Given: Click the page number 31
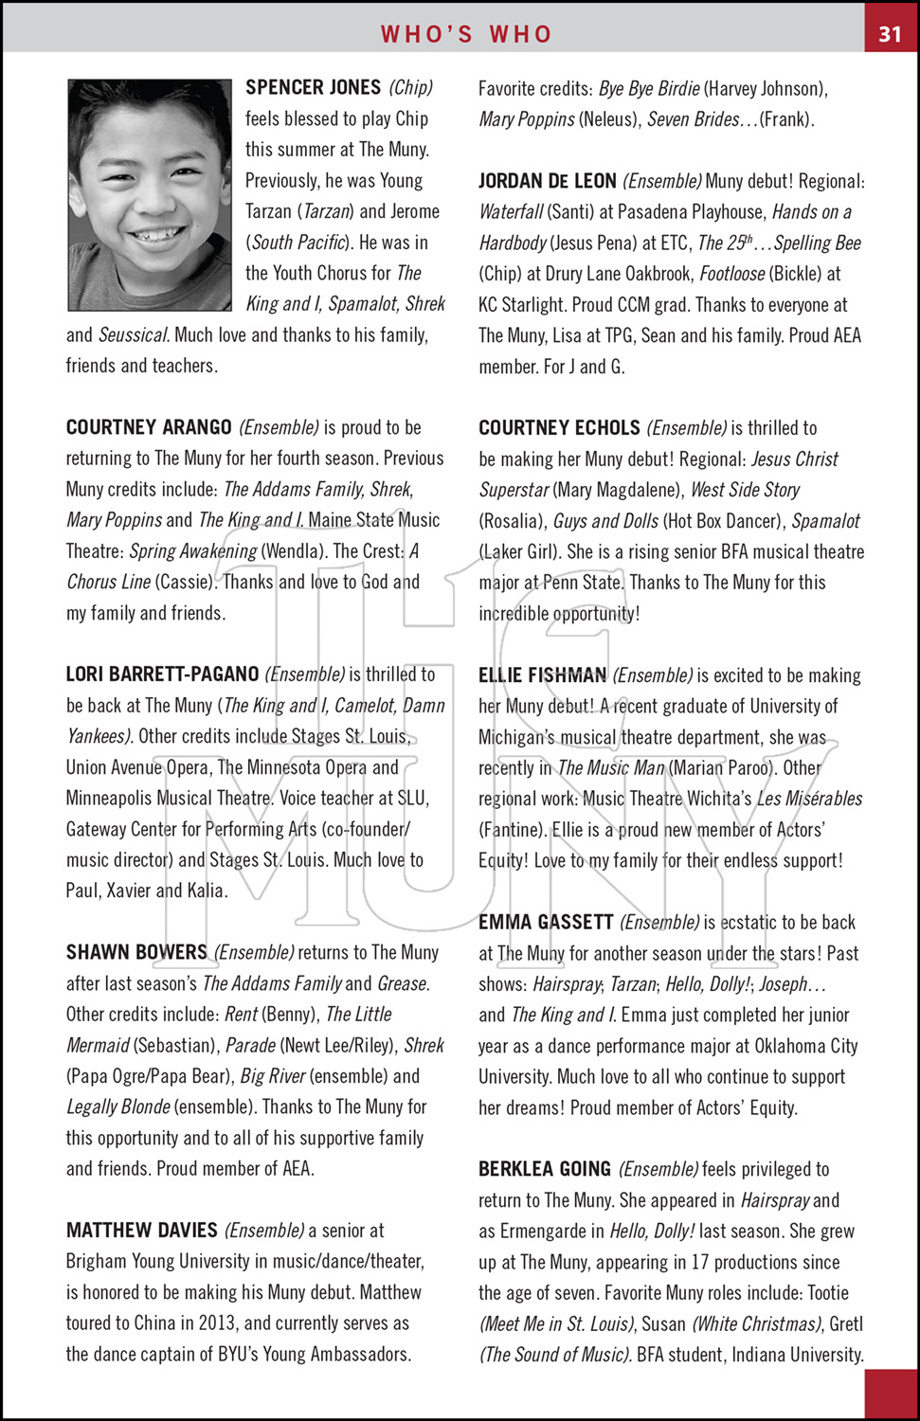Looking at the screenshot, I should [890, 34].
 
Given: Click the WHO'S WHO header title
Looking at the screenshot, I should [466, 34].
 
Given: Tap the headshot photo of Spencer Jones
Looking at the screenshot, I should [150, 194].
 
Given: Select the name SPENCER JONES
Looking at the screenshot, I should [313, 87].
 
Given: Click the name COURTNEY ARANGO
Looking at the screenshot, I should [149, 427].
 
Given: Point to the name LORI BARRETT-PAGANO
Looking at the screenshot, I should [162, 675].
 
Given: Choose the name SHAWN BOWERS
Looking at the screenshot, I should [136, 952].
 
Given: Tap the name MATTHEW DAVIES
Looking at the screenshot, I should [142, 1231].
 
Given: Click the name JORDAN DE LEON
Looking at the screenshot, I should [548, 181].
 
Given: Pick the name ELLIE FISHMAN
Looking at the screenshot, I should [542, 675].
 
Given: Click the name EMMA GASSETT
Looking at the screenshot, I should [546, 923].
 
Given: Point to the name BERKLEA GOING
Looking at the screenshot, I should [545, 1170].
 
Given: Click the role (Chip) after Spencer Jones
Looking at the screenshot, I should [411, 87].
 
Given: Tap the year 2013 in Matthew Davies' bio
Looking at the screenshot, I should [217, 1323].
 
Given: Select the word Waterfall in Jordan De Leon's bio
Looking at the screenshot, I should [512, 212].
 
